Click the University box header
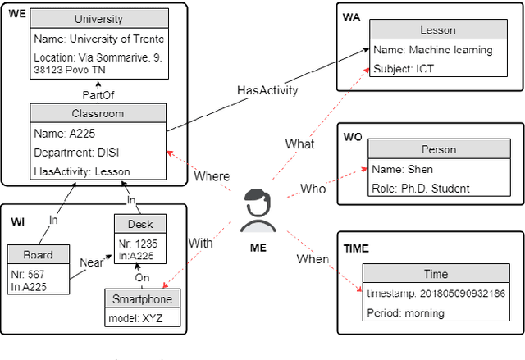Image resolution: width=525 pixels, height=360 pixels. point(98,19)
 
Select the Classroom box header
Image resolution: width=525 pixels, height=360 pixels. point(98,112)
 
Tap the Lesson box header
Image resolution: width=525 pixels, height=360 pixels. point(437,30)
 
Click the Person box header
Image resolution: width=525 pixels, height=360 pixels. point(438,149)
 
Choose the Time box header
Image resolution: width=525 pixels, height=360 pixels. point(436,274)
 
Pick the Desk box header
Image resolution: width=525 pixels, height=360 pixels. point(139,224)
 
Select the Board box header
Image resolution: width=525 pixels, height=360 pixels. point(39,255)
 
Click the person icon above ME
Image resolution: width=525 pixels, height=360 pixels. point(258,211)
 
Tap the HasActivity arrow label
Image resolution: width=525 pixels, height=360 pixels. point(267,90)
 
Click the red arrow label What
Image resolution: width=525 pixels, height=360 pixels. point(299,144)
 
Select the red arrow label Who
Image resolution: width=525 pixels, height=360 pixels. point(313,189)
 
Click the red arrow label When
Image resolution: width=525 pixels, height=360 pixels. point(313,259)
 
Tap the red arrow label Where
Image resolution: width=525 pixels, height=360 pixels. point(212,176)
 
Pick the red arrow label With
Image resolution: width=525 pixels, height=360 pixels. point(200,243)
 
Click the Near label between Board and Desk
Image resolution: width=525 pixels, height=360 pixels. point(91,262)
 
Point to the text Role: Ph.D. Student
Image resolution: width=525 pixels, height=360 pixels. point(420,188)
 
